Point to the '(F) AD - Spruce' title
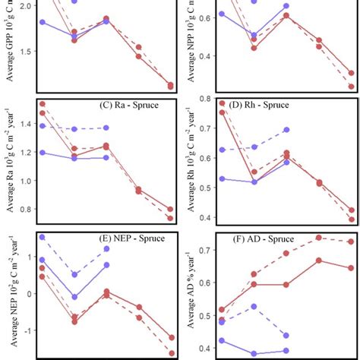point(304,238)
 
